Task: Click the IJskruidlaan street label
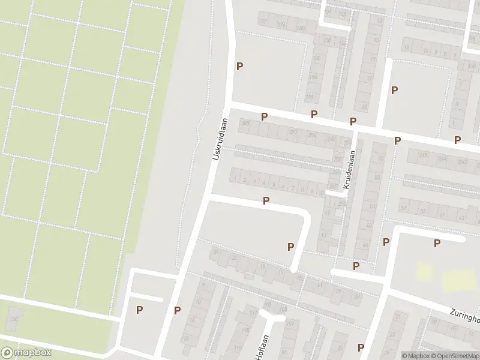coord(220,138)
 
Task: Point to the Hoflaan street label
coord(261,348)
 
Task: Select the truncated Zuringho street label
coord(465,316)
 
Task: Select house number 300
coord(244,123)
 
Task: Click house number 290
coord(293,132)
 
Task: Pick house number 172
coord(262,22)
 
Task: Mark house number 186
coord(316,58)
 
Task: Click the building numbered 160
coord(13,319)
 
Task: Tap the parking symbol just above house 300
coord(263,116)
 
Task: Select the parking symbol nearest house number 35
coord(361,347)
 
